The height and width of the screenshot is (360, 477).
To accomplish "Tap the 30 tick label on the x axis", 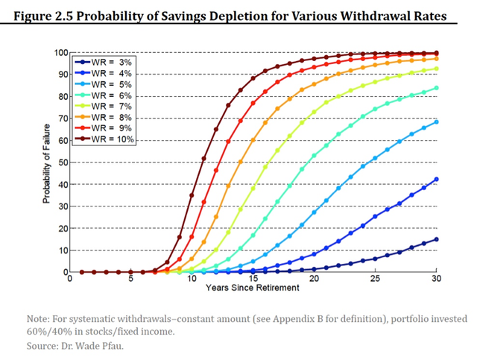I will coord(437,280).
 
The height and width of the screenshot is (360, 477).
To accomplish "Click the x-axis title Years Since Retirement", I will coord(253,288).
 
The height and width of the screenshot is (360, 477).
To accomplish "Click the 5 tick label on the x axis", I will coord(130,280).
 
